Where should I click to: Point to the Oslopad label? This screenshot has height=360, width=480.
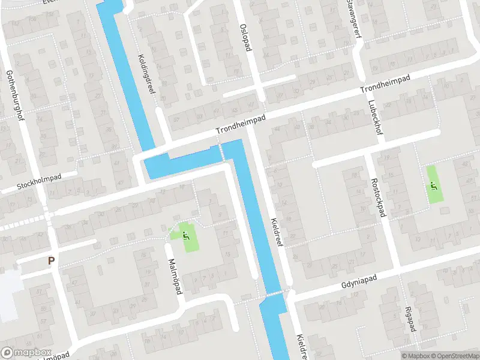pyautogui.click(x=244, y=37)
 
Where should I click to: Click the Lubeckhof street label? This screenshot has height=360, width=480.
pyautogui.click(x=372, y=118)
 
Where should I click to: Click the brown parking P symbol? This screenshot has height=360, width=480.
pyautogui.click(x=51, y=261)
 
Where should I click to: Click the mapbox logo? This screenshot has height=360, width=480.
pyautogui.click(x=26, y=352)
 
